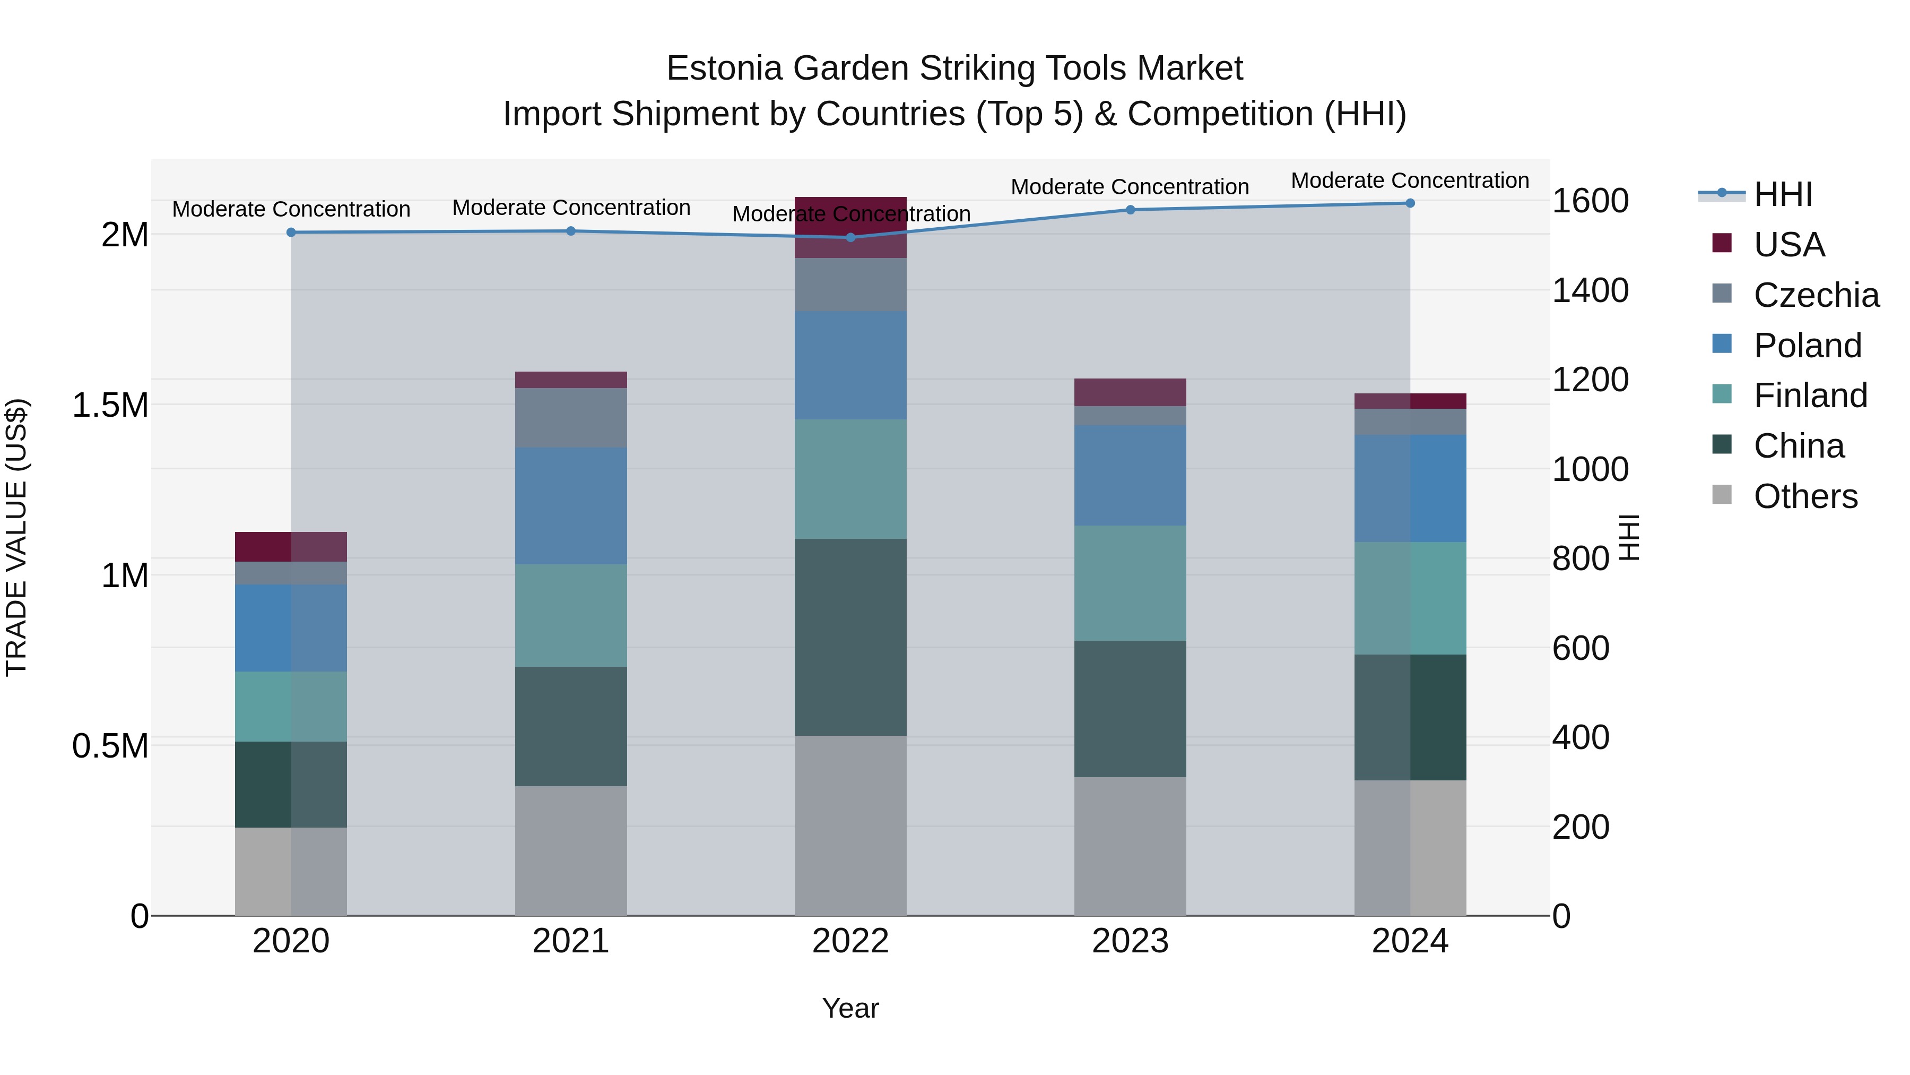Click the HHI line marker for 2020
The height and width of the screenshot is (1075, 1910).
(x=291, y=232)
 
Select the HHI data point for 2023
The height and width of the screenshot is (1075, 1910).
(x=1130, y=210)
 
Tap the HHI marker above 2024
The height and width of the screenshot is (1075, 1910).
(x=1410, y=203)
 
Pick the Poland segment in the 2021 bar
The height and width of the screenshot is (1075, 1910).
(x=571, y=505)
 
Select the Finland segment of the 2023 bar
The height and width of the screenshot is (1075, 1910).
(x=1130, y=583)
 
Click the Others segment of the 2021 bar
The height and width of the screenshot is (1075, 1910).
(x=571, y=850)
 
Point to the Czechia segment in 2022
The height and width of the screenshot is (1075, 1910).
(x=850, y=285)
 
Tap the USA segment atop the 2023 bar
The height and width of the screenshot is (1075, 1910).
(x=1130, y=392)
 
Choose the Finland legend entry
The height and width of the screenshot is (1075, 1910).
(x=1810, y=395)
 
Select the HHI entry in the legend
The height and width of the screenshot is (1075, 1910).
(x=1783, y=194)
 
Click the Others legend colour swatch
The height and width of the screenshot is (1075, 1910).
(x=1722, y=495)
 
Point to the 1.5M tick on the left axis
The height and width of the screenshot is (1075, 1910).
(x=110, y=406)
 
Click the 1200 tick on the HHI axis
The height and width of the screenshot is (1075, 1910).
(x=1591, y=380)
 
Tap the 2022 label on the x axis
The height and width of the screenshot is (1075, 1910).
(x=850, y=941)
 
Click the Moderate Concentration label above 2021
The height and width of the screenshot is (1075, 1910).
(x=571, y=208)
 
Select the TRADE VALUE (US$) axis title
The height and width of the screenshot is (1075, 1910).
(x=16, y=537)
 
